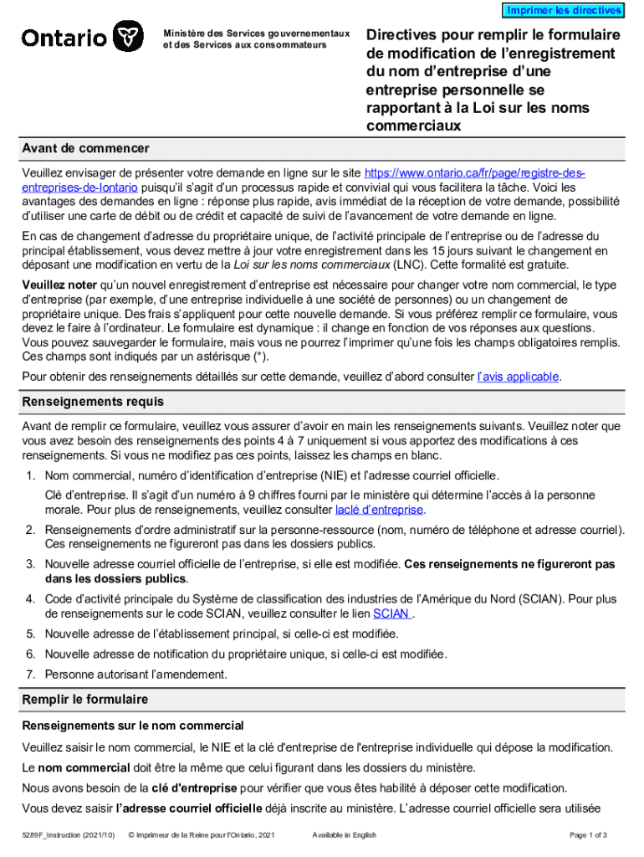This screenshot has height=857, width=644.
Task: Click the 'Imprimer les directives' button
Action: [563, 10]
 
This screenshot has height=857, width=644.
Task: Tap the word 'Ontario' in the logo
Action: [64, 38]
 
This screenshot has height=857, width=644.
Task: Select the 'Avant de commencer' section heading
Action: [85, 148]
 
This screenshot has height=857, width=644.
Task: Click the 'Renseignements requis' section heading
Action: [93, 402]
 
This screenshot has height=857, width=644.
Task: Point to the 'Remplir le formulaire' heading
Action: [84, 699]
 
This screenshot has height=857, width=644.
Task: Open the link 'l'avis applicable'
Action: [518, 377]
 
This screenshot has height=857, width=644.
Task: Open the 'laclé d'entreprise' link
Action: [380, 510]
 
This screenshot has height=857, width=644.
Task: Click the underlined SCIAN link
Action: [391, 613]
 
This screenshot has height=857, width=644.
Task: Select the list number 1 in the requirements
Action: [29, 475]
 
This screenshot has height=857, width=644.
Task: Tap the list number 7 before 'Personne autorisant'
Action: [29, 674]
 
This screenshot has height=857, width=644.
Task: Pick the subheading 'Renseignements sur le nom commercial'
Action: [133, 725]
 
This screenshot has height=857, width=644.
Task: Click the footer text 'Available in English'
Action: [344, 835]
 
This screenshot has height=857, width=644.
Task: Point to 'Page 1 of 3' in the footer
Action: [588, 835]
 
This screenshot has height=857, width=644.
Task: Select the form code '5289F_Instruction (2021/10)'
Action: [69, 835]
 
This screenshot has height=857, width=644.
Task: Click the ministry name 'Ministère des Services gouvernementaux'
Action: [257, 33]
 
